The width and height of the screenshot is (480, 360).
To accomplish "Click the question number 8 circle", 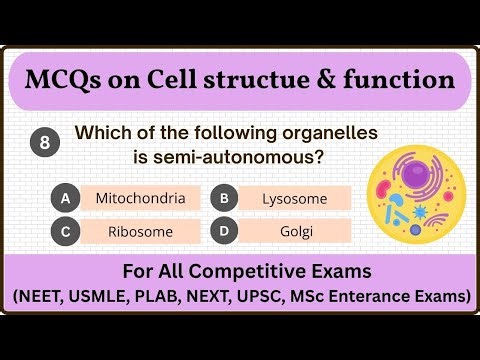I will (45, 143).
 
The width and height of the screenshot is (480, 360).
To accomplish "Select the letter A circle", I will (65, 198).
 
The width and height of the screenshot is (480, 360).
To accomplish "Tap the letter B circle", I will (225, 198).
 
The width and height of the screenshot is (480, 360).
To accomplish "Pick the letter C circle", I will (65, 231).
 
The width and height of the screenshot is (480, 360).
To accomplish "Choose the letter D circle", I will (225, 231).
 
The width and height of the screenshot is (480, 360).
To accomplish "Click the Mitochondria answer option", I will (140, 198).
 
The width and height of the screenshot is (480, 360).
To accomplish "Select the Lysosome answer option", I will (295, 198).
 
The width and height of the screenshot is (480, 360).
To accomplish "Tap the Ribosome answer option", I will (140, 231).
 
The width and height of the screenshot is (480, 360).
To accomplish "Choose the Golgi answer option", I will (295, 231).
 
